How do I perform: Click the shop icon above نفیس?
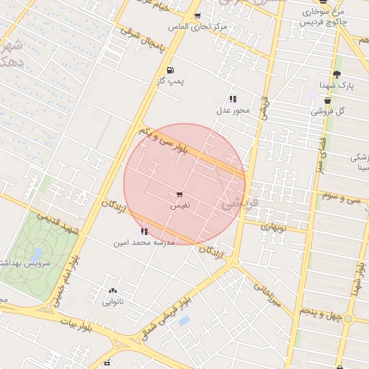179,195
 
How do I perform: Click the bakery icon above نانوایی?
112,291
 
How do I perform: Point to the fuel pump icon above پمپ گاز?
170,71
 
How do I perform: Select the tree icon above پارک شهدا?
337,75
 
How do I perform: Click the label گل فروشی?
328,111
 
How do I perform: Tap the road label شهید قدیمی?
58,222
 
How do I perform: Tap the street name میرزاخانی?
265,295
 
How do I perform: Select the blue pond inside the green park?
37,254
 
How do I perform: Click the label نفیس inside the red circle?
179,206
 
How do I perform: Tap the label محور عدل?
233,111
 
